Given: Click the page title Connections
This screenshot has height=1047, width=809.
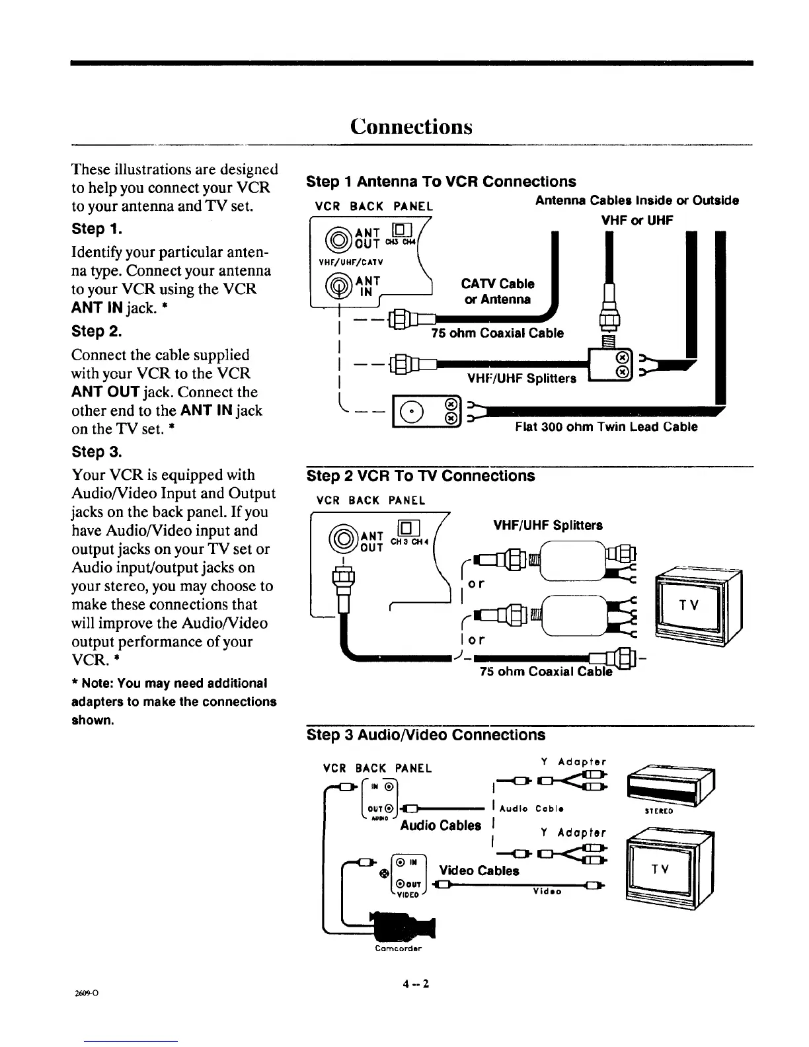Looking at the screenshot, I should (x=411, y=126).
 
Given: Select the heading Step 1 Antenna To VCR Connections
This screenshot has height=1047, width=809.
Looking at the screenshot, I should (x=441, y=182).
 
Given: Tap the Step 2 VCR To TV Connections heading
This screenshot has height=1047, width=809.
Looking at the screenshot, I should (x=421, y=476).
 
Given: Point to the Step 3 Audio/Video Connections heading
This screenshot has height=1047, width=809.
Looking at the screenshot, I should (x=426, y=735).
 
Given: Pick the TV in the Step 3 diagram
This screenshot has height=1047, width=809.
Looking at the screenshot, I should (x=671, y=869).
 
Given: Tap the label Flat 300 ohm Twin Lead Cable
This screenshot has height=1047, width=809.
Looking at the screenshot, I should (x=606, y=427).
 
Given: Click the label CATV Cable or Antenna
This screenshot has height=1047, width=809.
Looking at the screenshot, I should (x=498, y=291).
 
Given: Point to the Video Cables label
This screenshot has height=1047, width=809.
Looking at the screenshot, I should (x=479, y=871).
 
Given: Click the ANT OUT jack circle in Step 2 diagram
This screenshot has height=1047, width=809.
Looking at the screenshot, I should (x=343, y=534).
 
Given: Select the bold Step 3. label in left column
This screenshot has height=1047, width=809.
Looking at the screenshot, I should (x=95, y=452).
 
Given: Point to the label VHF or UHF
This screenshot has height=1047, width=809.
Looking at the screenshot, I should (x=636, y=221).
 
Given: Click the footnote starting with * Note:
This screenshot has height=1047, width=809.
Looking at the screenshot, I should (x=174, y=701).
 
